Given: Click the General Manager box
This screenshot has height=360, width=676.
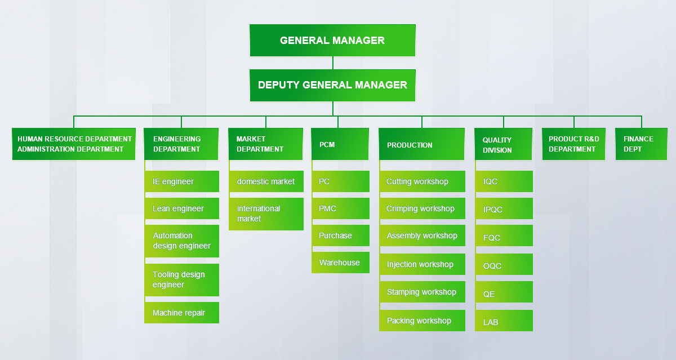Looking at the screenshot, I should click(332, 41).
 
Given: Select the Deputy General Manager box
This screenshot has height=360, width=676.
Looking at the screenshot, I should click(332, 85).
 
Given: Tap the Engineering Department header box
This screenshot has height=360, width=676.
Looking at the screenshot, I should click(181, 144).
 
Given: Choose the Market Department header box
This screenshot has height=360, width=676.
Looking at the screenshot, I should click(266, 144).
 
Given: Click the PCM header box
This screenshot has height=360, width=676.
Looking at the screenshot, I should click(340, 144).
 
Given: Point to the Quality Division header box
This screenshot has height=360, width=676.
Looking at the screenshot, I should click(503, 145).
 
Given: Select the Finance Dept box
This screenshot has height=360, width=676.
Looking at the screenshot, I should click(641, 144).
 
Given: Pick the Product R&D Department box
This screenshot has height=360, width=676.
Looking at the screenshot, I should click(573, 144).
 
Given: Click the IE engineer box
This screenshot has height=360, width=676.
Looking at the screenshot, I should click(181, 181).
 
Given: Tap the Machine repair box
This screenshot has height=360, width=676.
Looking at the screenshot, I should click(181, 313).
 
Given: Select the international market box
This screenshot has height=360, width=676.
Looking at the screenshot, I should click(266, 214).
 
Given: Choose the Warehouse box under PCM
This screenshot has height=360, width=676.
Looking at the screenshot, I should click(340, 263).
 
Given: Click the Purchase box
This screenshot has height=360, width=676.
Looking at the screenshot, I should click(340, 235).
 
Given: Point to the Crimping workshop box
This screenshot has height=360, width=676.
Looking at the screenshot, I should click(422, 208).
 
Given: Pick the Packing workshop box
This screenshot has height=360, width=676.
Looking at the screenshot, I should click(422, 321).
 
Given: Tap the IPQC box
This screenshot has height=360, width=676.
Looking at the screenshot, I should click(504, 209).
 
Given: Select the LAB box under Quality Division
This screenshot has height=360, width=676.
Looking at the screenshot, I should click(504, 322).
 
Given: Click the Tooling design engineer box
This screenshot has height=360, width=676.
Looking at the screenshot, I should click(181, 279).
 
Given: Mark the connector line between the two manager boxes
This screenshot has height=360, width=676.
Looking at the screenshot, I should click(333, 63).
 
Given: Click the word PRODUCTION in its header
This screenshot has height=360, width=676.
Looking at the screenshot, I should click(410, 145).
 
